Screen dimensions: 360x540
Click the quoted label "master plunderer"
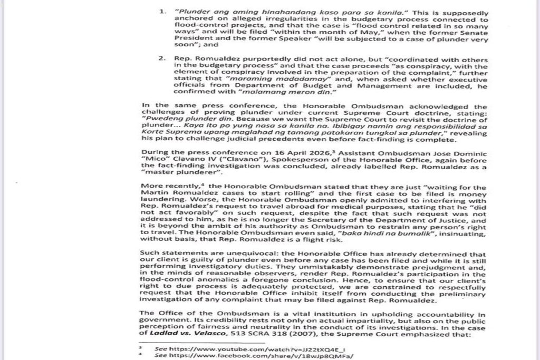coord(174,173)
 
